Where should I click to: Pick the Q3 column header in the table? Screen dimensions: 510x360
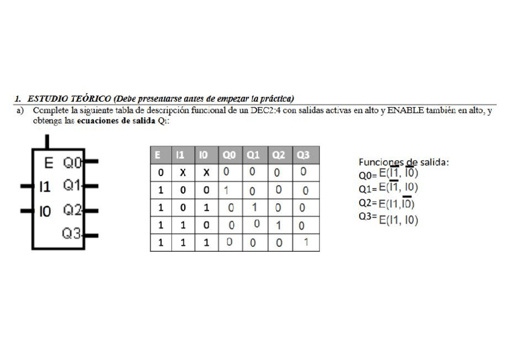coord(303,156)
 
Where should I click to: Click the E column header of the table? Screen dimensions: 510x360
coord(159,156)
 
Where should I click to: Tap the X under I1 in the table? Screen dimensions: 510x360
coord(180,172)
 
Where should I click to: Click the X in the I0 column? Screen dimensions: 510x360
coord(205,172)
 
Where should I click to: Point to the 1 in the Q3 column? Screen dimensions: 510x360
coord(306,243)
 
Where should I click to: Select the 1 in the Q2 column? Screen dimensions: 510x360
coord(279,226)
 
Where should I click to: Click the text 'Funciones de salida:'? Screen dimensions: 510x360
coord(404,162)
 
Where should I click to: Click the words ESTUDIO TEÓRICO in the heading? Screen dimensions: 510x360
coord(71,98)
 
